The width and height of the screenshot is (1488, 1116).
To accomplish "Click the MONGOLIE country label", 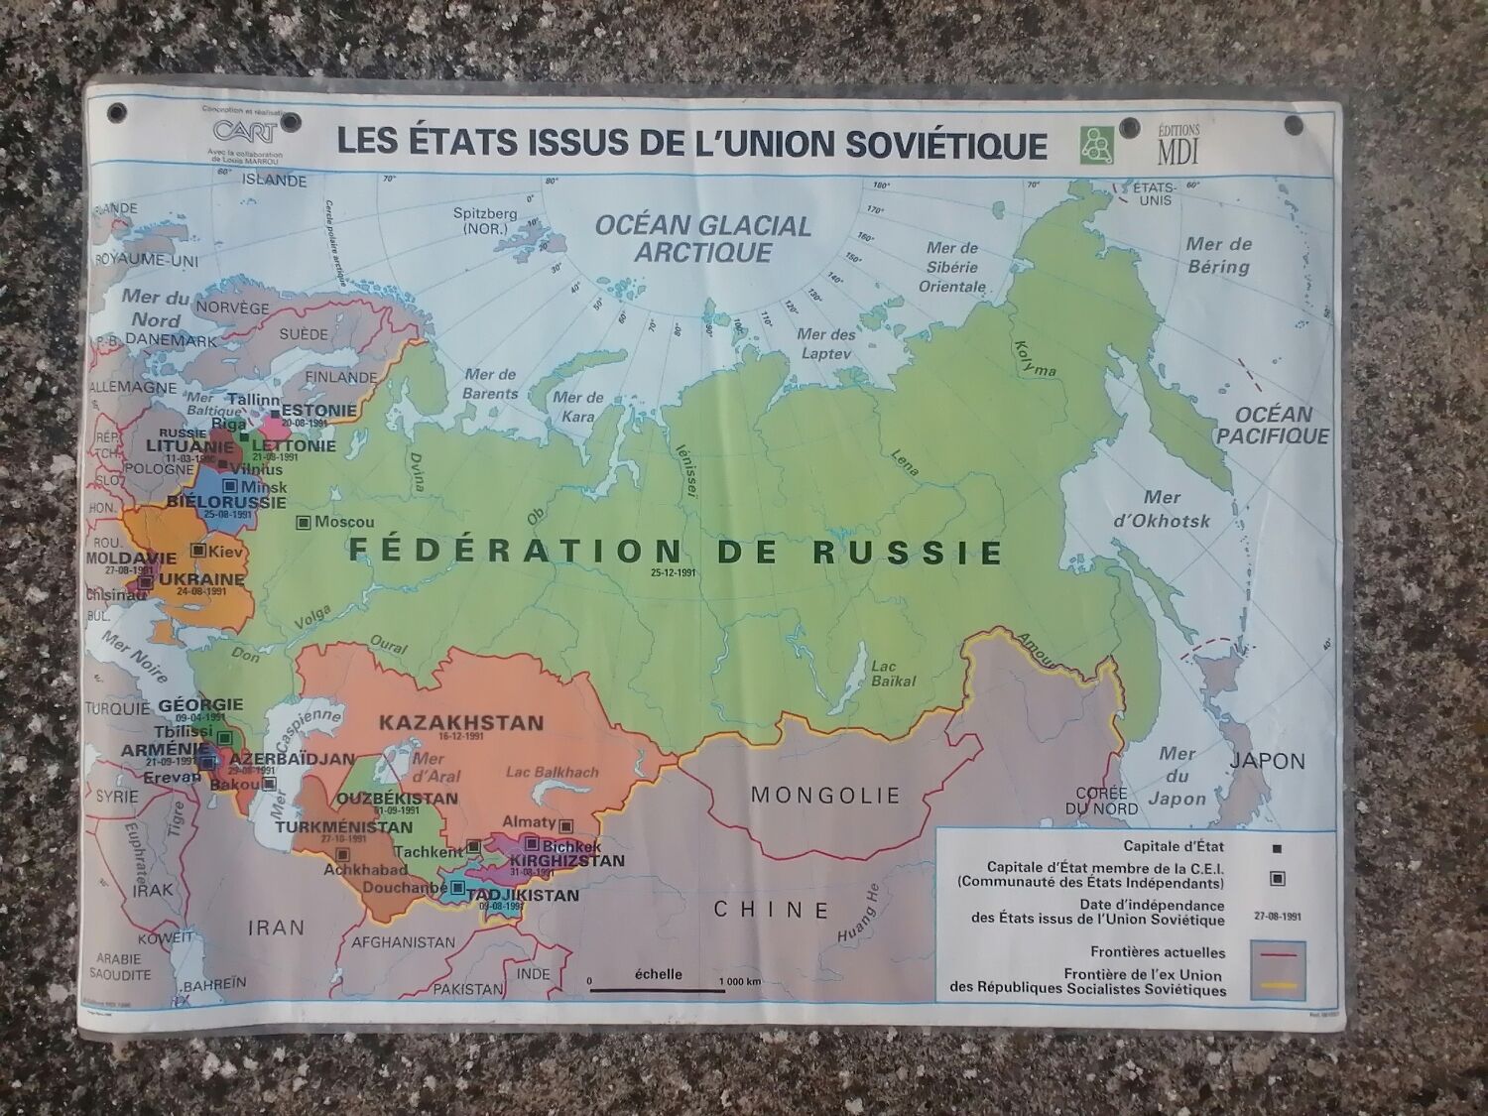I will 825,796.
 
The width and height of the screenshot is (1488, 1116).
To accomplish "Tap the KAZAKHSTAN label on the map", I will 461,723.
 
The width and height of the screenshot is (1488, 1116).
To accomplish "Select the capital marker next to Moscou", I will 304,522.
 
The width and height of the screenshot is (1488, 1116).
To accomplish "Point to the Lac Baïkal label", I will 894,675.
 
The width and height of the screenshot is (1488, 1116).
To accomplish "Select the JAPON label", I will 1267,761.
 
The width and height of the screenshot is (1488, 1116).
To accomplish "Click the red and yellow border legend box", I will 1279,970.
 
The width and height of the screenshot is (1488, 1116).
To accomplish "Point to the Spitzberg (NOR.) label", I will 485,221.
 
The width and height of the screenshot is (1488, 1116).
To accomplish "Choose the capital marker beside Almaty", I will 566,825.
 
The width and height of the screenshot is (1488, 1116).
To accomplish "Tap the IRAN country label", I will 276,927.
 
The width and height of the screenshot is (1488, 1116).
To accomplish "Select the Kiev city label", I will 226,550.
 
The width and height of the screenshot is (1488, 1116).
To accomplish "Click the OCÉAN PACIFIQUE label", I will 1272,425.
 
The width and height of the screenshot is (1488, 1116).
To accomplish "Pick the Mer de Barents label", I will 490,384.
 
